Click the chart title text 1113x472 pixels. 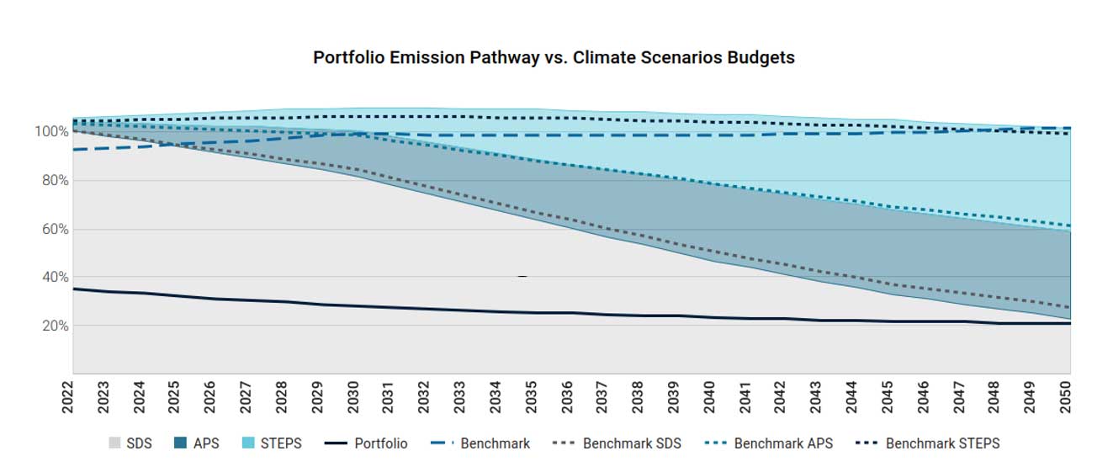(554, 58)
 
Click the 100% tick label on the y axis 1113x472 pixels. (50, 132)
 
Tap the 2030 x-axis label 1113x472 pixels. (353, 396)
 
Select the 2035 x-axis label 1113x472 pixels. (532, 396)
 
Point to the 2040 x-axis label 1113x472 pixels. (710, 396)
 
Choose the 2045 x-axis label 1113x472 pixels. (888, 396)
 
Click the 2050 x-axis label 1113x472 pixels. (1067, 396)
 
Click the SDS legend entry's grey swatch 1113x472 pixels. (115, 443)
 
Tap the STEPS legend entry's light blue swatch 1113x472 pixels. (248, 443)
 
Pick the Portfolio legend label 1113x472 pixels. (380, 443)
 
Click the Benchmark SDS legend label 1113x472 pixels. (632, 443)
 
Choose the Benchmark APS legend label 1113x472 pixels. (783, 443)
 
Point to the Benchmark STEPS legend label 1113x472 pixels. (942, 443)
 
